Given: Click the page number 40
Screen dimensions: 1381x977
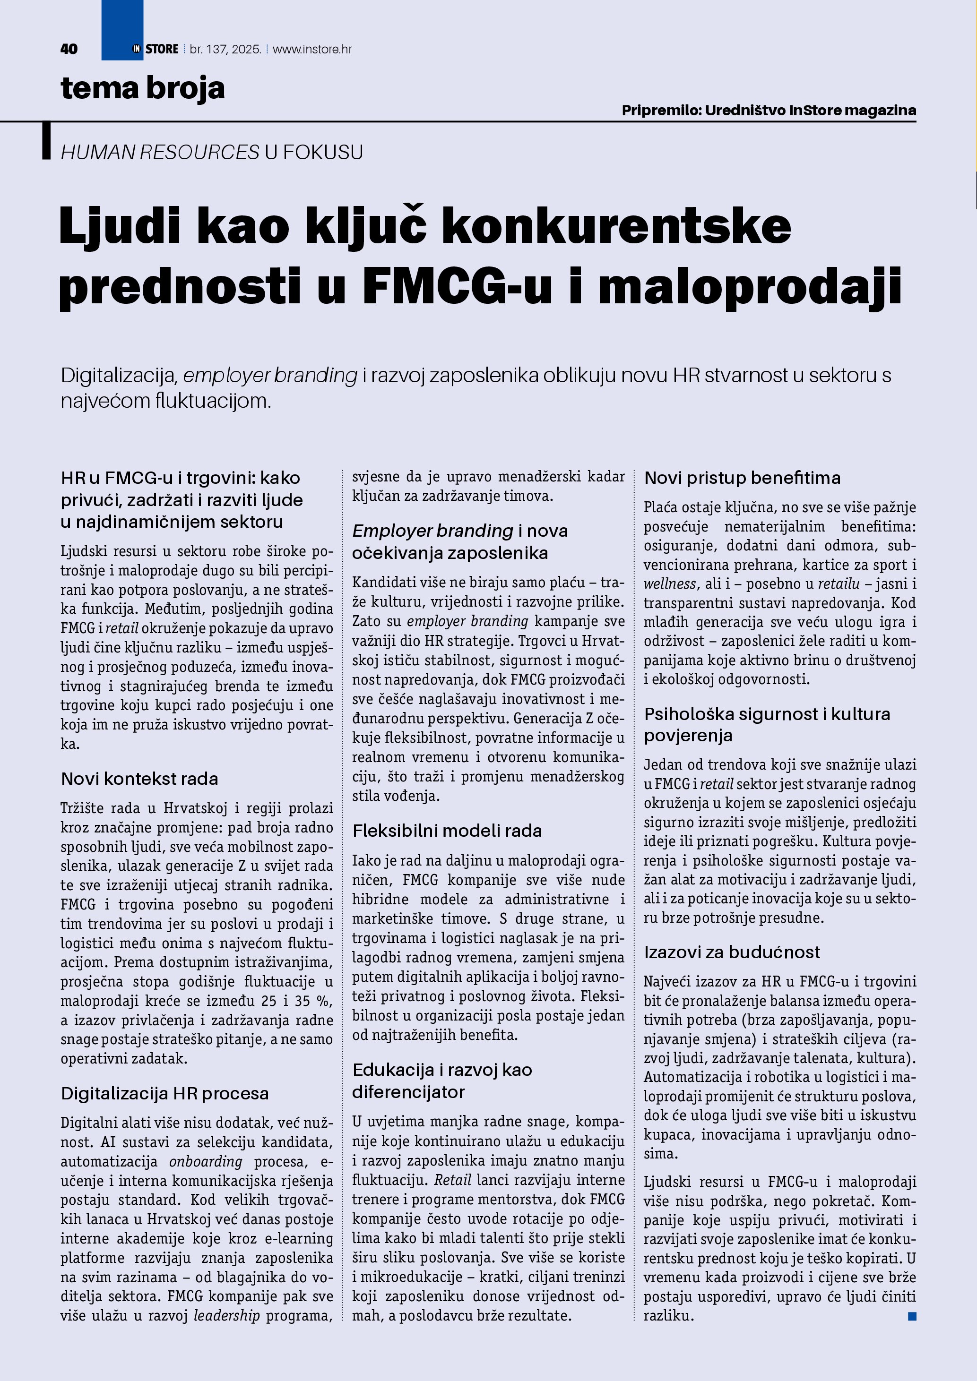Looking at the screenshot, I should point(69,49).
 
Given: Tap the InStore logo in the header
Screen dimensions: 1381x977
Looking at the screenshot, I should point(155,49).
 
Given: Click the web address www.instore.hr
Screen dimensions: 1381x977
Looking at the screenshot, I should point(312,49).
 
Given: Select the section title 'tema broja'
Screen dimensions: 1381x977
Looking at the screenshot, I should point(143,88).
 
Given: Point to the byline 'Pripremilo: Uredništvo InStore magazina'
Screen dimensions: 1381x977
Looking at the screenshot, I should point(769,111).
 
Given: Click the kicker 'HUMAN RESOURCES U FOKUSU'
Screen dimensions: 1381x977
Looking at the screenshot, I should point(212,152).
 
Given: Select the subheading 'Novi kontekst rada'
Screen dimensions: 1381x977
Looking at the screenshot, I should point(139,779).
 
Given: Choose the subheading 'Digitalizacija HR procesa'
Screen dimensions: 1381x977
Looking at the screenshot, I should point(165,1093).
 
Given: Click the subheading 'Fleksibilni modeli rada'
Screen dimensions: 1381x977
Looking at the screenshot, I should point(447,831).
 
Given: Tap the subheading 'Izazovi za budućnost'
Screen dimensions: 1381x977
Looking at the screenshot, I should point(732,952).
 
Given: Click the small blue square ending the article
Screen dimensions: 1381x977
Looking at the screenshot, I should point(912,1317).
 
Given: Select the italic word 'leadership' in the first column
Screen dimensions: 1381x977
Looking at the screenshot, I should point(227,1315).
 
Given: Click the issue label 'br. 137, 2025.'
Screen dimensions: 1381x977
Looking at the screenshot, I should point(225,49).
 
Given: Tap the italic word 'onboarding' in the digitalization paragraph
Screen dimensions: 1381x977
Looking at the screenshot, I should point(206,1161).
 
